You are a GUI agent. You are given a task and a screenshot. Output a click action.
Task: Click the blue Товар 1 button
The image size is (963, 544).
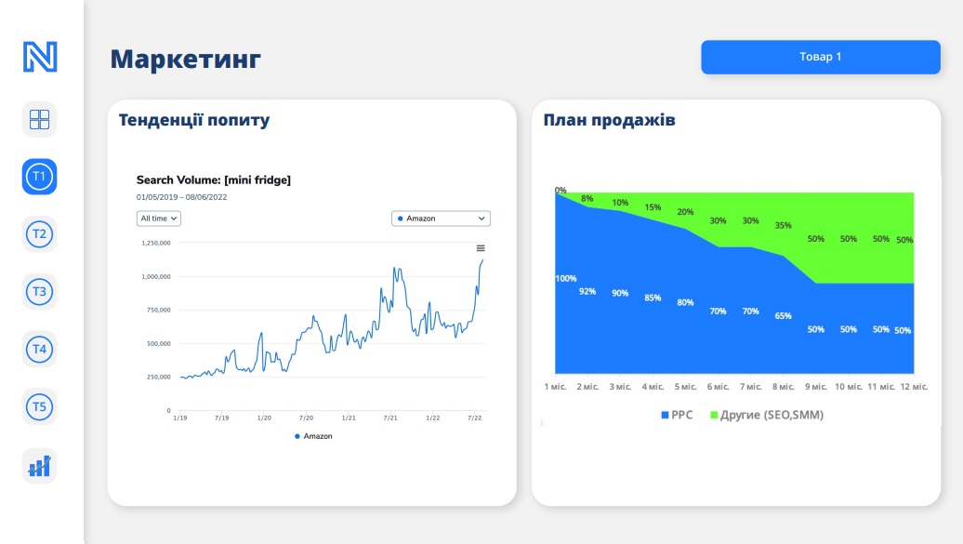tap(821, 57)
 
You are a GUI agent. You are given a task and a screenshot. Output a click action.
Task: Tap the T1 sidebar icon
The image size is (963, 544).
tap(39, 177)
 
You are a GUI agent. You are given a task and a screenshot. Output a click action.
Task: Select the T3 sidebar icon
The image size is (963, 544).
tap(39, 292)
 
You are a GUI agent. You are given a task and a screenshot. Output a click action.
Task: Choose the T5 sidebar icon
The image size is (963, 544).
tap(39, 407)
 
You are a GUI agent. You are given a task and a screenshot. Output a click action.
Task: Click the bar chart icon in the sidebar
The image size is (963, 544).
tap(39, 467)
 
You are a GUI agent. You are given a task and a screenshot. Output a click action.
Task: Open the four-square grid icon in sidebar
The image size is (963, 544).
tap(39, 119)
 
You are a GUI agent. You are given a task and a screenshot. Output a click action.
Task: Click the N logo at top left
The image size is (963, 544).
tap(40, 57)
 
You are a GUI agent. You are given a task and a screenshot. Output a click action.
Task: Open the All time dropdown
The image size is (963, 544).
tap(158, 219)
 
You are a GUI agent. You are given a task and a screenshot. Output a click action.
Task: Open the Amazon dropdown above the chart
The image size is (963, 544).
tap(441, 219)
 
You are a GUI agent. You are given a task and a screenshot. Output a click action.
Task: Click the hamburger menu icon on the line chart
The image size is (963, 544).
tap(481, 248)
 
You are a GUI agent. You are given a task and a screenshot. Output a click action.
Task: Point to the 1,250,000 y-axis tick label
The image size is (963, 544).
tap(156, 244)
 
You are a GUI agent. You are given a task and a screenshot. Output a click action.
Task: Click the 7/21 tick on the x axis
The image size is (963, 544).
tap(390, 418)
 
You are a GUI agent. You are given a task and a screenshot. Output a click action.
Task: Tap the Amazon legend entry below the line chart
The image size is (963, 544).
tap(314, 436)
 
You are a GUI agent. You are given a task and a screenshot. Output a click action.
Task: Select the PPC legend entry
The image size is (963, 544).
tap(677, 415)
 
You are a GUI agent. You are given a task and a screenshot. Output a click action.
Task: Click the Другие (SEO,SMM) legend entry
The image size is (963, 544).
tap(767, 415)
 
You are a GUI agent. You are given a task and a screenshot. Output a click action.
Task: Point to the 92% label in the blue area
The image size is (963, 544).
tap(587, 291)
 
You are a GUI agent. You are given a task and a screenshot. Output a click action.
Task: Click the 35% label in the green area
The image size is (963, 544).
tap(783, 226)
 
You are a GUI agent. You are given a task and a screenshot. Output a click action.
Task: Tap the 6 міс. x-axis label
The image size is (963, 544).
tap(718, 387)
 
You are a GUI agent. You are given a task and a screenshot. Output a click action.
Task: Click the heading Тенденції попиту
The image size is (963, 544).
tap(194, 120)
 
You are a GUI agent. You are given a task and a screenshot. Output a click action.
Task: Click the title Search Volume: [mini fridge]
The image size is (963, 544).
tap(214, 180)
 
